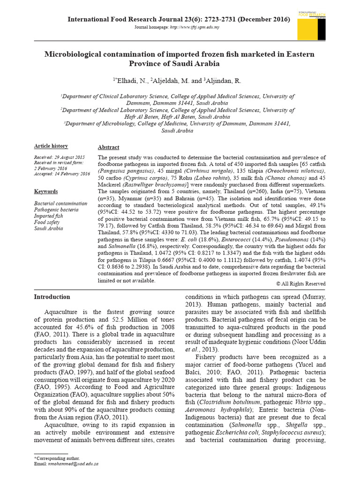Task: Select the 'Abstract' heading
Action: [108, 147]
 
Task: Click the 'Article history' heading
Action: [51, 146]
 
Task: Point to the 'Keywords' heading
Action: [46, 191]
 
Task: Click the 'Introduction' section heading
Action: [52, 297]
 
